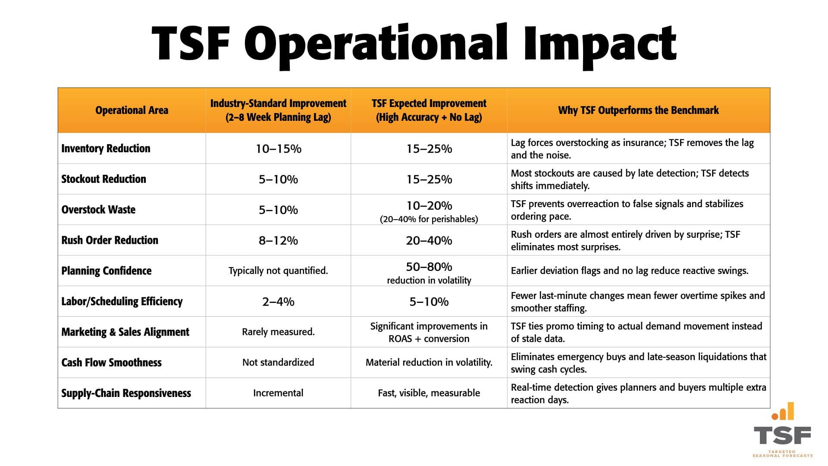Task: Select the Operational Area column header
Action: pos(132,110)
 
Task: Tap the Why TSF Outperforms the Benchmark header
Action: pos(638,110)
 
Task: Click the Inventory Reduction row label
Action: pos(106,148)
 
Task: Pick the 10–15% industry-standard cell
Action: pos(278,149)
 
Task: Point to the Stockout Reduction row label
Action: pos(103,179)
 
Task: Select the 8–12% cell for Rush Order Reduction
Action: pos(278,240)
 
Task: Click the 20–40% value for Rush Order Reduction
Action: pos(429,240)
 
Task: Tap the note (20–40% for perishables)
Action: pos(429,219)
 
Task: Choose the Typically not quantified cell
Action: pos(278,271)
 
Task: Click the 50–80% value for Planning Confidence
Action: pos(429,267)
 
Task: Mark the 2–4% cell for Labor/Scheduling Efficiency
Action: pos(278,302)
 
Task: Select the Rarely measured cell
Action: pos(278,332)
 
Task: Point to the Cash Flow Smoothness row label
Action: pos(111,362)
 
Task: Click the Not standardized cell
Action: pos(278,362)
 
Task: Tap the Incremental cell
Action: pos(278,393)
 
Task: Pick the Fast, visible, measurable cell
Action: pos(429,393)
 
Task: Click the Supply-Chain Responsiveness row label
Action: pos(126,393)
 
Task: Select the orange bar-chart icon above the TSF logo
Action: pos(783,412)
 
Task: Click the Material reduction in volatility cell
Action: pos(429,362)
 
